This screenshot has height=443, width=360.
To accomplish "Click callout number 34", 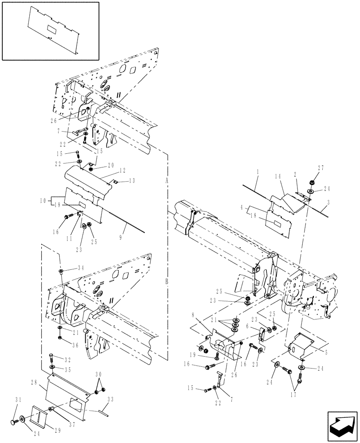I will pos(81,268).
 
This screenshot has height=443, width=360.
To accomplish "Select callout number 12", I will pos(123,170).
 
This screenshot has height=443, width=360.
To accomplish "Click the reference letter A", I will pos(167,181).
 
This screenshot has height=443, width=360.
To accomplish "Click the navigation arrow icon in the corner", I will pos(341,424).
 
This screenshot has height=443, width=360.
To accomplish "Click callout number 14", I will pos(278,176).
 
